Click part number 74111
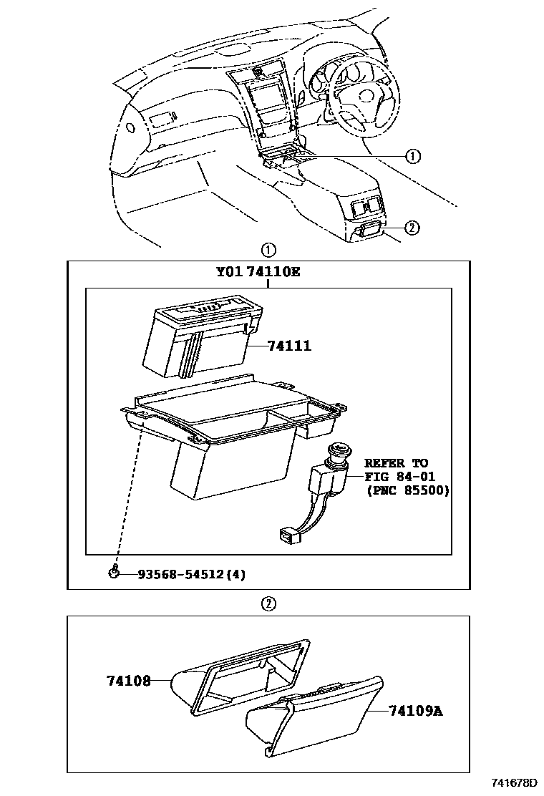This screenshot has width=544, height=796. tap(289, 346)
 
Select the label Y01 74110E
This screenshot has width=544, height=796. tap(258, 273)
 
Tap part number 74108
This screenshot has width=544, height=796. tap(129, 681)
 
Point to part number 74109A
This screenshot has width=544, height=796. tap(416, 711)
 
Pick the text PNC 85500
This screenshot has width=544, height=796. tap(407, 490)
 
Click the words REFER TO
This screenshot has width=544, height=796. tap(396, 463)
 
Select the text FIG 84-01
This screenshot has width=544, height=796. tap(399, 477)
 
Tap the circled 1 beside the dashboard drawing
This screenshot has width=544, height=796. tap(413, 156)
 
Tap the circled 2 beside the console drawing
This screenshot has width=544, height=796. tap(411, 228)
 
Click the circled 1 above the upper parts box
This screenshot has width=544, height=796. tap(268, 251)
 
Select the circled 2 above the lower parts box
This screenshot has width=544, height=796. tap(268, 603)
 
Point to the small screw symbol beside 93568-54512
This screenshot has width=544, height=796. tap(113, 571)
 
